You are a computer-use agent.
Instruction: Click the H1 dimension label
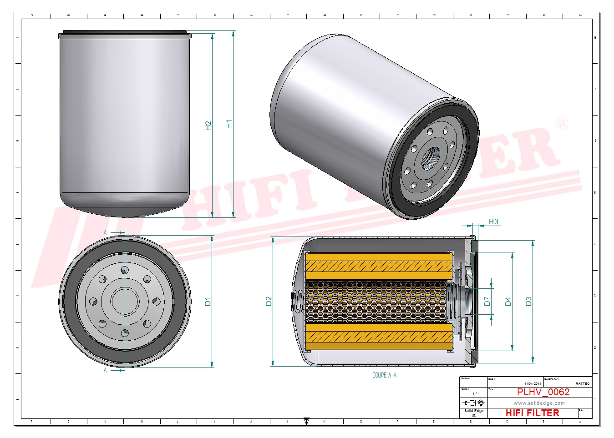229,124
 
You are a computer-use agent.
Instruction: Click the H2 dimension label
208,126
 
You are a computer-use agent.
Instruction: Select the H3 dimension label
493,222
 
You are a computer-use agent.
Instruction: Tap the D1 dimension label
208,301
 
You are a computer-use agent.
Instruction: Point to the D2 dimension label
269,301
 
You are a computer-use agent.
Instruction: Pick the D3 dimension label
528,301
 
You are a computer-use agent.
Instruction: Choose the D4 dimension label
508,301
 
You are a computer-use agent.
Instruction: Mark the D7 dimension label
487,301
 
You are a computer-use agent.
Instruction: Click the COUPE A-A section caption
384,375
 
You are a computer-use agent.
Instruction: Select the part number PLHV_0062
543,392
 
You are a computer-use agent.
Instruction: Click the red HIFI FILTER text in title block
532,413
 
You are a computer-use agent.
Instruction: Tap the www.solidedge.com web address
539,403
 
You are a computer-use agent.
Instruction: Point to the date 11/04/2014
533,384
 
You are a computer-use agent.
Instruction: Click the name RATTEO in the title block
582,384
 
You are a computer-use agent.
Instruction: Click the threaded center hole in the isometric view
430,157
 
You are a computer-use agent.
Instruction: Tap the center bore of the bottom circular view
125,301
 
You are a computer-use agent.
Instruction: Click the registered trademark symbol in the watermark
563,124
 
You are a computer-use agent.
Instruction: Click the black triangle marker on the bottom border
306,421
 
